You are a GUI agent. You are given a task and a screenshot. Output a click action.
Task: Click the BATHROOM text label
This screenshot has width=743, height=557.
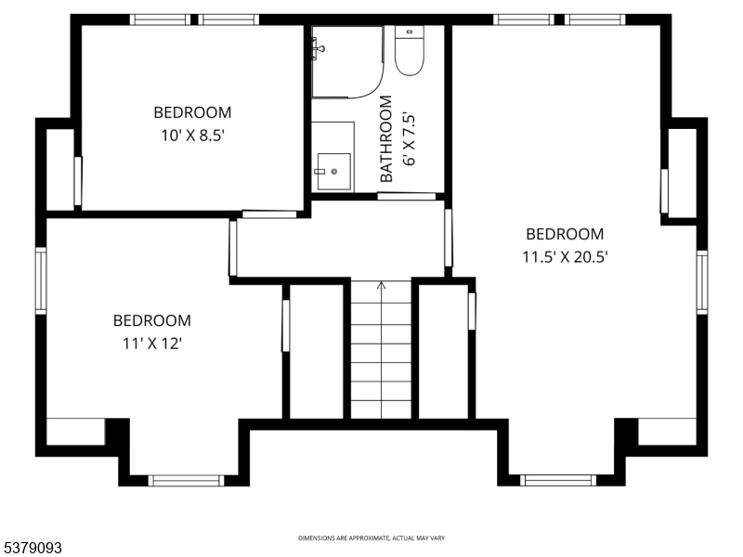386,138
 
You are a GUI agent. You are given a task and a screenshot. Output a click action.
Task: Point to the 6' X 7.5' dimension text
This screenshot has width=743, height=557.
410,138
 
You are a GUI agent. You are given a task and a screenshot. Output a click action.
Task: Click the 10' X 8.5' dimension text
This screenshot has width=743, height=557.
192,133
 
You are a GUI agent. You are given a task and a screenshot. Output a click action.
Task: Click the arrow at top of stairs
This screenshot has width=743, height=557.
381,285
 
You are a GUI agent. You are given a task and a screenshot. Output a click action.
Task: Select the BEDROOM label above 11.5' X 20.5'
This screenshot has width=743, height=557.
565,234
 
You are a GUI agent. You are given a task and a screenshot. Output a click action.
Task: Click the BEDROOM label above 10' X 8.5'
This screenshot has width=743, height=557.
192,112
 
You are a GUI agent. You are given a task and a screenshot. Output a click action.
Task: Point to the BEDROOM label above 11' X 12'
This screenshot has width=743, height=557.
152,320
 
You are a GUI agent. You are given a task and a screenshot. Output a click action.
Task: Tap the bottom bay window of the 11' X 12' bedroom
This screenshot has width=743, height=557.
186,480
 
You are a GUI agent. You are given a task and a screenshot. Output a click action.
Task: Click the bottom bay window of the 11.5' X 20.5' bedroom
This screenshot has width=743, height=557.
557,480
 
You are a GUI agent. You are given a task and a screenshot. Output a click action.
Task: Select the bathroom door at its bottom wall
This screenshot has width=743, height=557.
407,196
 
